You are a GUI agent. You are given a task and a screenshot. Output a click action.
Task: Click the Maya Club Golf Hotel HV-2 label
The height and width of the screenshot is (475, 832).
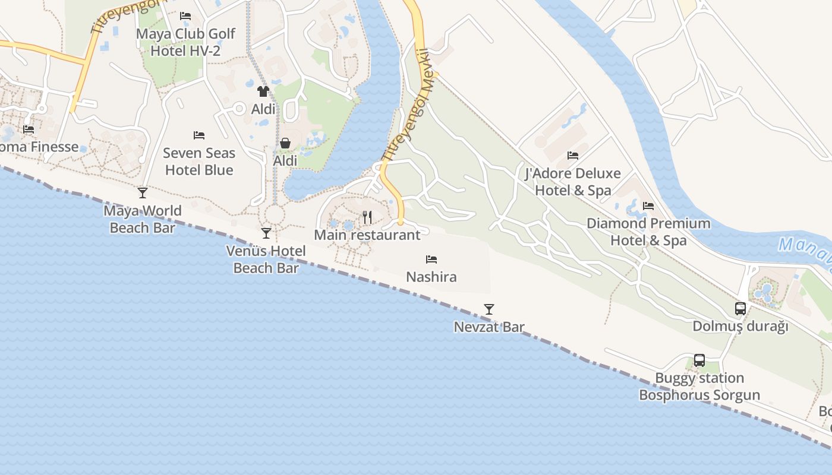[185, 42]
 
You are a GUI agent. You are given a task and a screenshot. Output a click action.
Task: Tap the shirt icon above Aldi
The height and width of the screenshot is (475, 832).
[263, 91]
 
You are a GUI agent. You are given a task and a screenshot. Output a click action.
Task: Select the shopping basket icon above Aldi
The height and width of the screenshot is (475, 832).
[285, 143]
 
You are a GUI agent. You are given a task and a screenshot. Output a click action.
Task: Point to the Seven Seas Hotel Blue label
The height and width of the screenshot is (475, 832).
[199, 161]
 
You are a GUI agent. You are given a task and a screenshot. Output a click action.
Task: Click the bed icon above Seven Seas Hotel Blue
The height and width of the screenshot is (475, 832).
[199, 136]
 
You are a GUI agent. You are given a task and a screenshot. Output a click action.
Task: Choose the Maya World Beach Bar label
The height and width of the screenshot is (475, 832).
[143, 219]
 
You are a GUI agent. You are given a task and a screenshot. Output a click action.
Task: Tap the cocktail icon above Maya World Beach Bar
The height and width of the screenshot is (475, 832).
[143, 193]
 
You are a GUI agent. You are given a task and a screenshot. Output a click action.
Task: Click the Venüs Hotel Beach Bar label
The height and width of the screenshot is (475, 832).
[266, 259]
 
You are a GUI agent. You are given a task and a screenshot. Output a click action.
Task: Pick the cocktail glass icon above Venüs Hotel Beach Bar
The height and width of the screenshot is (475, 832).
[266, 233]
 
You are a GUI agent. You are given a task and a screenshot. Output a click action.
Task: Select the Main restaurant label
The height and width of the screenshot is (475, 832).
[367, 235]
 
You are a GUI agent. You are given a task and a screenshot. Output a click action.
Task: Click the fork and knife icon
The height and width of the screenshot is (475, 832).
[367, 217]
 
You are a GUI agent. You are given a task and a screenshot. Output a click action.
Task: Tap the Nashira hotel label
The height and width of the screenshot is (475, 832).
[431, 277]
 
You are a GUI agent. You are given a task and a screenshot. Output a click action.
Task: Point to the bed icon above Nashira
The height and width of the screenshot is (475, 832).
[431, 259]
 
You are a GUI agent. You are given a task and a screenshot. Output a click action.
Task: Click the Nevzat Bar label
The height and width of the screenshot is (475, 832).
[489, 327]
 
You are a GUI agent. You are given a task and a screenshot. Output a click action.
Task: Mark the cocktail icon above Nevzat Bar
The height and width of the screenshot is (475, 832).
[489, 309]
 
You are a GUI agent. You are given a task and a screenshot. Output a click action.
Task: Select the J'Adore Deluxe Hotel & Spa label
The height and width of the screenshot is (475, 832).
[573, 182]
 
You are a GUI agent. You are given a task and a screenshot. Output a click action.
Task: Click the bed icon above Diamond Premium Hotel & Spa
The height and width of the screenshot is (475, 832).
[648, 206]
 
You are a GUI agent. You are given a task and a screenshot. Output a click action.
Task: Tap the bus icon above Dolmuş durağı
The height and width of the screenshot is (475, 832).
[740, 309]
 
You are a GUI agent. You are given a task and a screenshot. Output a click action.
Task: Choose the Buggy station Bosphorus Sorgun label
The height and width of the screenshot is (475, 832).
[699, 387]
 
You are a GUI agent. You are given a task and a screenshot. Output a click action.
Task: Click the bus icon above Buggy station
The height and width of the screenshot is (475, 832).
[699, 360]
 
